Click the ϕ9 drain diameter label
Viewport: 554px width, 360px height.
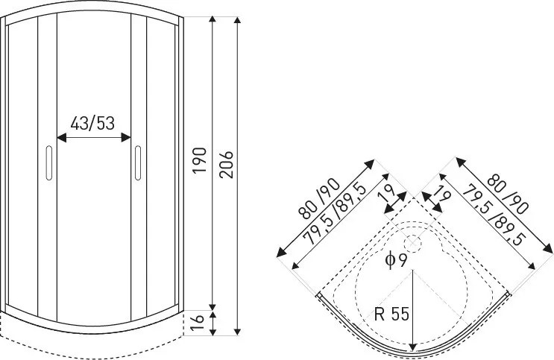pos(396,260)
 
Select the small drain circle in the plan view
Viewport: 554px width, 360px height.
pos(412,242)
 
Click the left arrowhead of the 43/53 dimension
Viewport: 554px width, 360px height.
pos(60,137)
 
